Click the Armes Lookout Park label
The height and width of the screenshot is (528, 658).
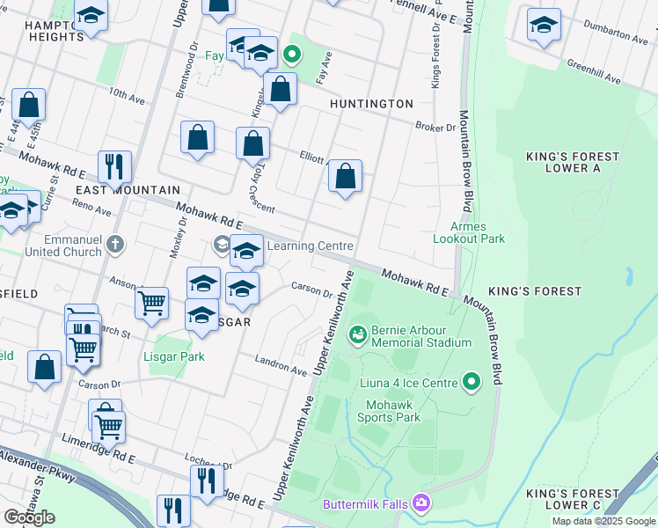click(x=470, y=231)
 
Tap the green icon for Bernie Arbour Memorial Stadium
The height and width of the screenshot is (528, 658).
click(x=357, y=334)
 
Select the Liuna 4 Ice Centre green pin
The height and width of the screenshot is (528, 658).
click(x=472, y=382)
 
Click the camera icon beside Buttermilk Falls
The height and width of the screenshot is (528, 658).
click(x=421, y=502)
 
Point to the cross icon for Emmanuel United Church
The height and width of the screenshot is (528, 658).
click(x=113, y=244)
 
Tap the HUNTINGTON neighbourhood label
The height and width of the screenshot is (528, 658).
click(x=371, y=104)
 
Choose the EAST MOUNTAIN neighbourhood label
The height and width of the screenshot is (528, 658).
click(x=128, y=190)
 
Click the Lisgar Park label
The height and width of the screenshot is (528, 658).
click(x=175, y=357)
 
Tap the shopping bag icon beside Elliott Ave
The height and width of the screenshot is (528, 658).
click(x=346, y=176)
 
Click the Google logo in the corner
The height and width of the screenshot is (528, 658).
click(x=29, y=517)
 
